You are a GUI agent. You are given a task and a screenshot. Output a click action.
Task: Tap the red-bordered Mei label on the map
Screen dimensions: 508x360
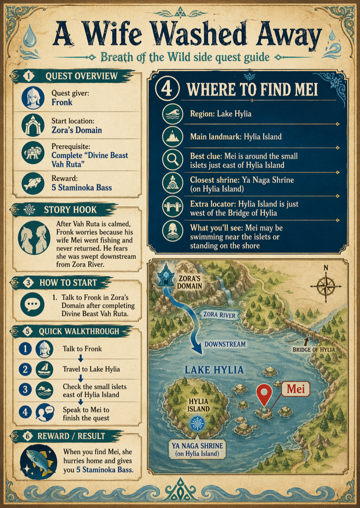coord(295,388)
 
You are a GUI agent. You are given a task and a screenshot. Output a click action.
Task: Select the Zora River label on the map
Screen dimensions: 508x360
coord(219,315)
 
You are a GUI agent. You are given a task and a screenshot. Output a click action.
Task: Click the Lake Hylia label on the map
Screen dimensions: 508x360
coord(214,370)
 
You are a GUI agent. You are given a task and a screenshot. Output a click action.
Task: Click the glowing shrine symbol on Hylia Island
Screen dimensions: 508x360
coord(198,423)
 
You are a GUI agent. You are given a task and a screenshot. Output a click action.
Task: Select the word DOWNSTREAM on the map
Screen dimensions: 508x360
coord(225,344)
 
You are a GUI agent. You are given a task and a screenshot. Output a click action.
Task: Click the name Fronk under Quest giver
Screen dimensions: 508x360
coord(62,102)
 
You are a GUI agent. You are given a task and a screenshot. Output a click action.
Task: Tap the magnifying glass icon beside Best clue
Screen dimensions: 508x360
coord(172,160)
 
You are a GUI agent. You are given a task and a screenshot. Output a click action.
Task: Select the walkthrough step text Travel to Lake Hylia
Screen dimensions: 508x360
coord(91,369)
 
